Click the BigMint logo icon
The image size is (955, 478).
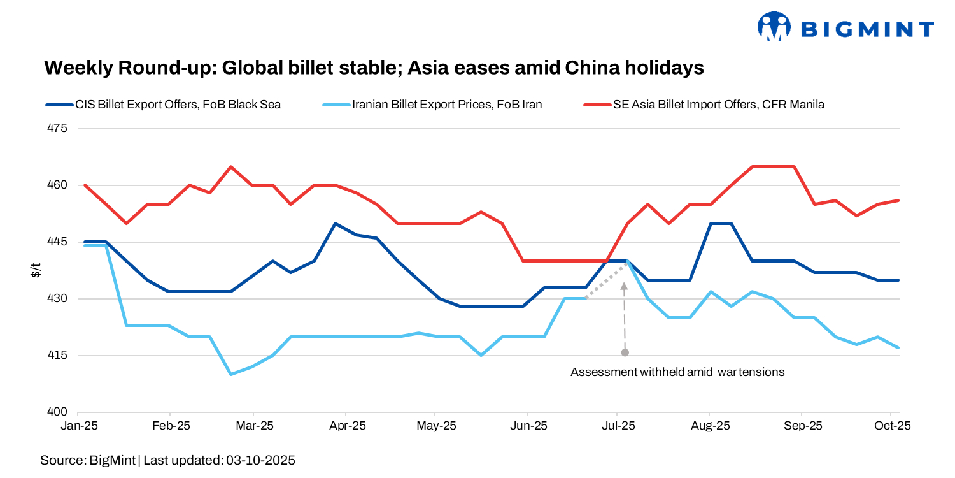tap(773, 27)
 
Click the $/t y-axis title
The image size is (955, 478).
tap(36, 270)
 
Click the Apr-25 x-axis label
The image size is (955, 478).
tap(347, 426)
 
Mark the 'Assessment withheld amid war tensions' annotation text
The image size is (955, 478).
tap(677, 372)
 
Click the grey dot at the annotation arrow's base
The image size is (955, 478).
tap(625, 352)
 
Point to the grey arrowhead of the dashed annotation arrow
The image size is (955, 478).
tap(625, 287)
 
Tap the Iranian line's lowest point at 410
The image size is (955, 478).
tap(230, 374)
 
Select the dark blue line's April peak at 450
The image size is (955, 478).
tap(335, 224)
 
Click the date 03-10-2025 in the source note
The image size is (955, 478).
tap(260, 460)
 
